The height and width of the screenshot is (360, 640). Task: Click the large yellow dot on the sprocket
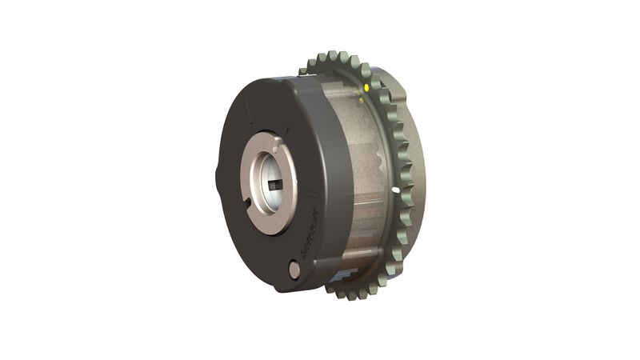tap(366, 86)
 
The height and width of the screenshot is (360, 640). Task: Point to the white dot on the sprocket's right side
tap(397, 189)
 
